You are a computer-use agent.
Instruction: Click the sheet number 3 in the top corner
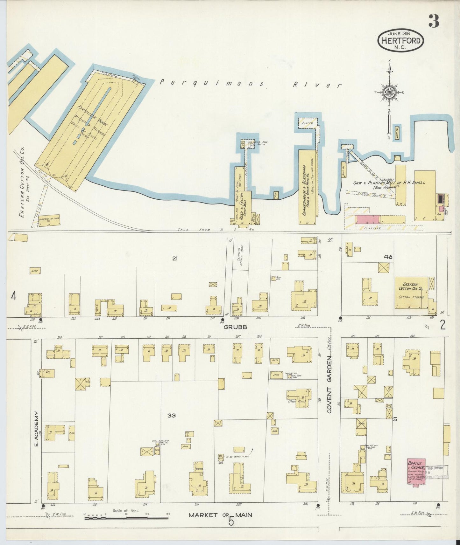[434, 21]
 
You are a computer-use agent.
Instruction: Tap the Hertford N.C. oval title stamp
[401, 40]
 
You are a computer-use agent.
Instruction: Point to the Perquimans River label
[250, 84]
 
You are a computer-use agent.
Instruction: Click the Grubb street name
[235, 327]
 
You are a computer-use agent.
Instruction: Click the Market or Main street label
[220, 514]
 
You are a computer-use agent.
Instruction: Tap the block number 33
[172, 415]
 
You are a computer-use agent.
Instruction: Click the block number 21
[174, 259]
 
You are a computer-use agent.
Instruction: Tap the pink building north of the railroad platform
[368, 219]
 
